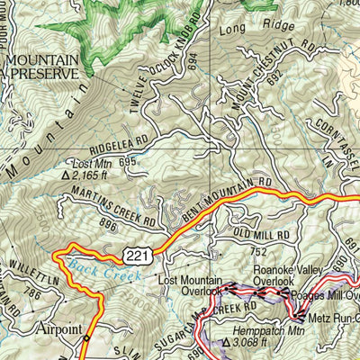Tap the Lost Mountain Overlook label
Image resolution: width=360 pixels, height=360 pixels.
(190, 285)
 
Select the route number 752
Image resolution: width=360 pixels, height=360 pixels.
(259, 253)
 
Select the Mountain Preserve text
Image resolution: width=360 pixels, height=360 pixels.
(40, 67)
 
